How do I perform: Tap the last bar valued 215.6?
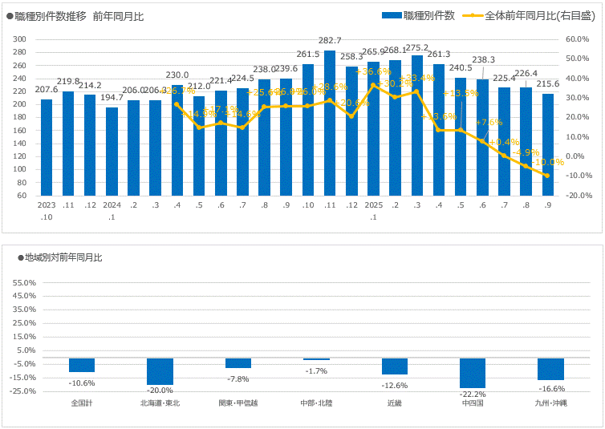[547, 144]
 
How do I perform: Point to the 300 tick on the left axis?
[20, 39]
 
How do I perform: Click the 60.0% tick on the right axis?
[578, 39]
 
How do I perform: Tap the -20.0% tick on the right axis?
[578, 196]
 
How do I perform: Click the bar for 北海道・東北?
[160, 371]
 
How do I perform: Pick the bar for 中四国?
[473, 373]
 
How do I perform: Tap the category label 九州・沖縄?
[550, 403]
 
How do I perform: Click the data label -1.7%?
[317, 371]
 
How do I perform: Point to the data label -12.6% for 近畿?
[395, 383]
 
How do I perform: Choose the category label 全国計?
[82, 403]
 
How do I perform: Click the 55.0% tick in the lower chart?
[25, 282]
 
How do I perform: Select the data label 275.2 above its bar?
[417, 48]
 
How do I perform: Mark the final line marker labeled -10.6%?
[547, 176]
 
